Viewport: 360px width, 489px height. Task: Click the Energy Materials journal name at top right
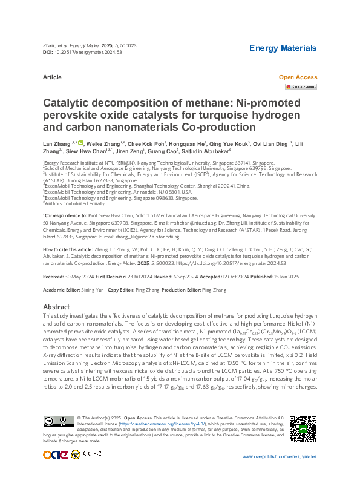pyautogui.click(x=283, y=48)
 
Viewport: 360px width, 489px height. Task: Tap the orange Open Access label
pyautogui.click(x=297, y=77)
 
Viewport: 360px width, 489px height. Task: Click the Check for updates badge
pyautogui.click(x=300, y=87)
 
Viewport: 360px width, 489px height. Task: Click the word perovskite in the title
pyautogui.click(x=70, y=116)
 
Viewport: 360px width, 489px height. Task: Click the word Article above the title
pyautogui.click(x=52, y=77)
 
